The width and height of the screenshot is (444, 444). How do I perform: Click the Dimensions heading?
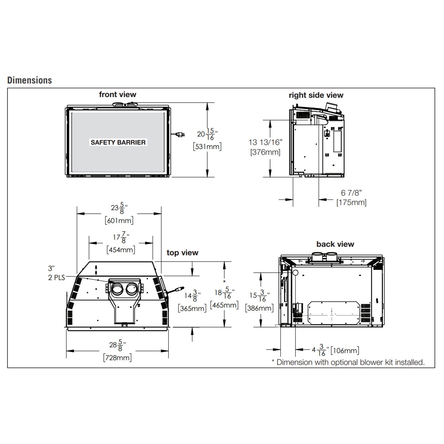pos(29,80)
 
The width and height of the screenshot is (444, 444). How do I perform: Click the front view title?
pos(118,94)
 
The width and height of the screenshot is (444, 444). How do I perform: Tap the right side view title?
pos(316,95)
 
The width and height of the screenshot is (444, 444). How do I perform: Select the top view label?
pos(182,252)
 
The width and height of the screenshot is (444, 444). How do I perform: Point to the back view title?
pos(335,244)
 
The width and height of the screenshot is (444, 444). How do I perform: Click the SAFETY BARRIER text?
pos(118,142)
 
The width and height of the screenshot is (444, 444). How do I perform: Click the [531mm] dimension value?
pos(207,146)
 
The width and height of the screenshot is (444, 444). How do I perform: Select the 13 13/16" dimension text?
pos(266,142)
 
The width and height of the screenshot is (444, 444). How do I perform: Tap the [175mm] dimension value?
pos(351,202)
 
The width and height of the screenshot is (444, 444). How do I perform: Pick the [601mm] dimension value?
pos(119,220)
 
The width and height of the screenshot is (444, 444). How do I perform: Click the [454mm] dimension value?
pos(121,250)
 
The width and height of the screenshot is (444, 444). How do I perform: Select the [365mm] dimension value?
pos(192,308)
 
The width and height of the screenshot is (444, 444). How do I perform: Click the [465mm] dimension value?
pos(224,305)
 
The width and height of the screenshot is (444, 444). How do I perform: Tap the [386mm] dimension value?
pos(259,308)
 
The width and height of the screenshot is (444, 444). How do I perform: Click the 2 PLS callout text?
pos(56,278)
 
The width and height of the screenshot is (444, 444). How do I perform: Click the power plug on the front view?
pos(180,135)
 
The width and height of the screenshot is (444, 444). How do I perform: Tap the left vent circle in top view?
pos(118,289)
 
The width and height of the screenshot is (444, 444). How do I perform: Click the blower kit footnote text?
pos(348,362)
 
